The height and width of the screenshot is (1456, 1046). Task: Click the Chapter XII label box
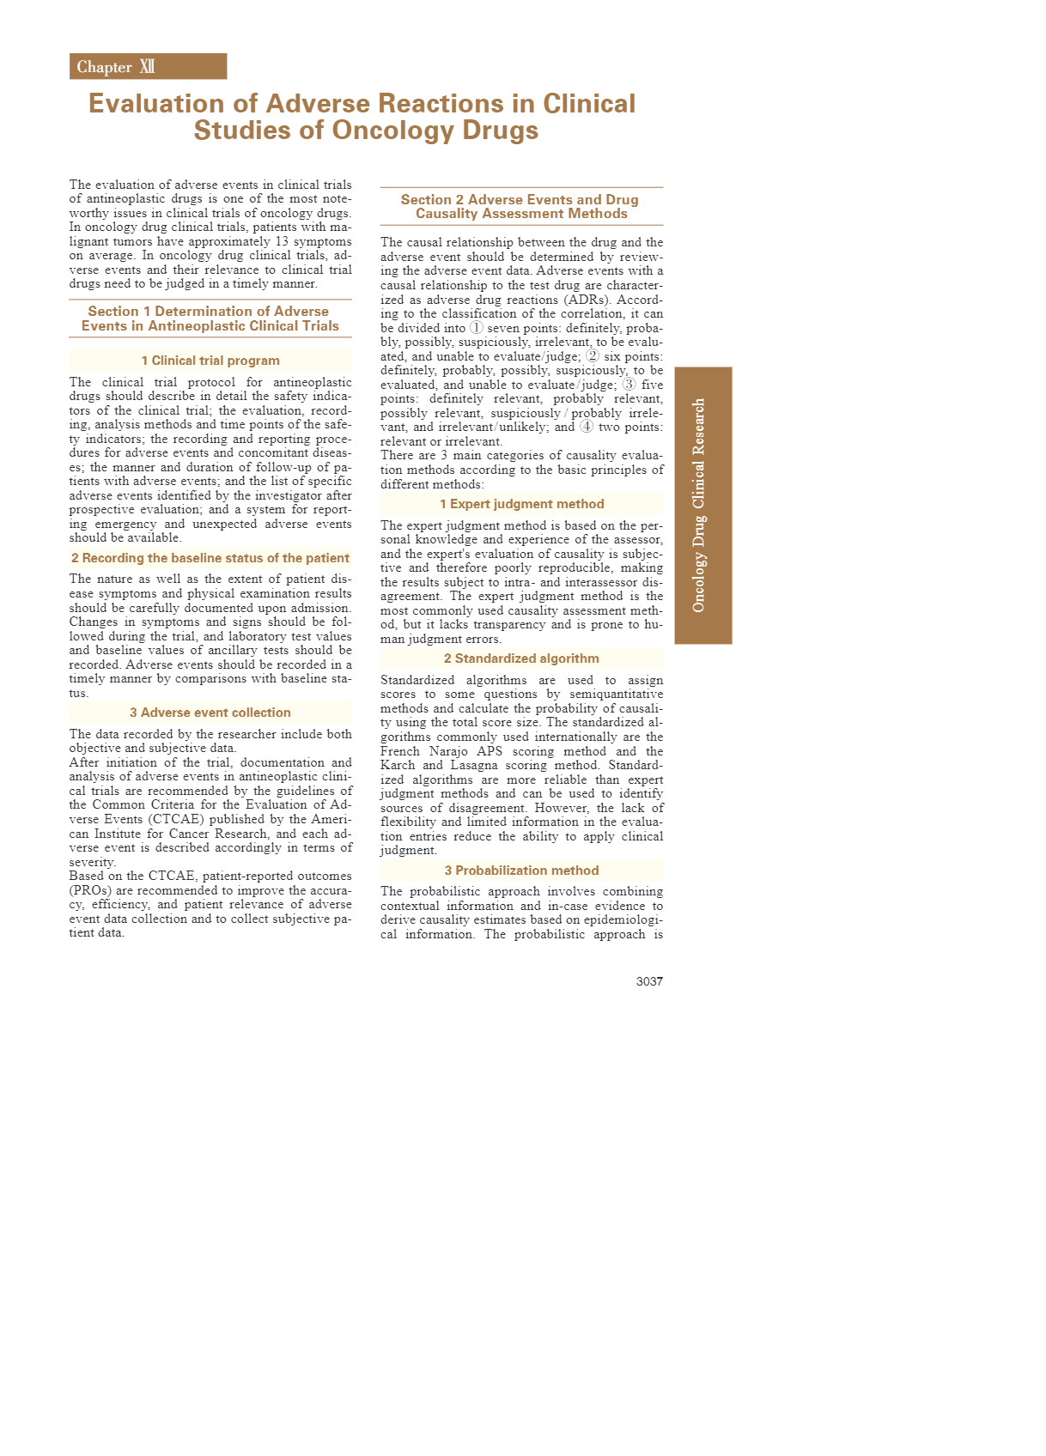pyautogui.click(x=148, y=67)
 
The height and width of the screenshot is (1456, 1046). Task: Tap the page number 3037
pyautogui.click(x=649, y=981)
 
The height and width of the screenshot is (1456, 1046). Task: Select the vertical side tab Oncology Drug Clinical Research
pyautogui.click(x=702, y=505)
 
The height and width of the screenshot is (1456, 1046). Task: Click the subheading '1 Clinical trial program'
pyautogui.click(x=210, y=361)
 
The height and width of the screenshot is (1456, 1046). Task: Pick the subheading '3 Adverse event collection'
pyautogui.click(x=210, y=713)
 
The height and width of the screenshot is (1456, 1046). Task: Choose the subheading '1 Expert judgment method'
pyautogui.click(x=521, y=504)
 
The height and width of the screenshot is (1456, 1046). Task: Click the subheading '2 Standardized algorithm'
pyautogui.click(x=521, y=658)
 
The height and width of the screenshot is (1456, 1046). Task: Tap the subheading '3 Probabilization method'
pyautogui.click(x=521, y=871)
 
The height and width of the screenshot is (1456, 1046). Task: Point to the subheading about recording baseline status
pyautogui.click(x=210, y=558)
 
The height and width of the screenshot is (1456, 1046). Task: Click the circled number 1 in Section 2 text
pyautogui.click(x=477, y=328)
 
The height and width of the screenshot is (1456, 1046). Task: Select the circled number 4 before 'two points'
pyautogui.click(x=587, y=427)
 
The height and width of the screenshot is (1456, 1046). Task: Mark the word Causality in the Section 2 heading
pyautogui.click(x=451, y=214)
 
